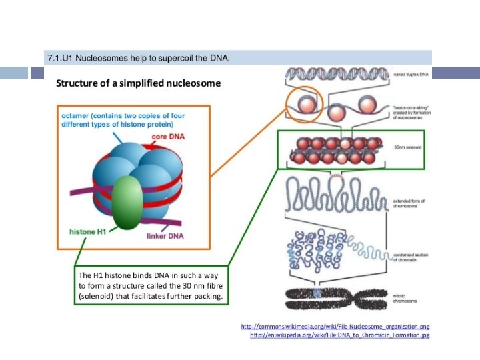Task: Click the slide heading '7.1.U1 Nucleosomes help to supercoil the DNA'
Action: [139, 59]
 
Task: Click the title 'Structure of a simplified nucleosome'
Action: [137, 83]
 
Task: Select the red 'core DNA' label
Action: [169, 137]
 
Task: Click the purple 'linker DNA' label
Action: [165, 237]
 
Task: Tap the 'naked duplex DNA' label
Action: [412, 74]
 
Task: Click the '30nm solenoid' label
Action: [405, 147]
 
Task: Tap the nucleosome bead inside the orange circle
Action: [306, 105]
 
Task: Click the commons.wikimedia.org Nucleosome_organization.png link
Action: [335, 327]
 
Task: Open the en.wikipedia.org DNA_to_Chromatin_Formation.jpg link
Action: [339, 335]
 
